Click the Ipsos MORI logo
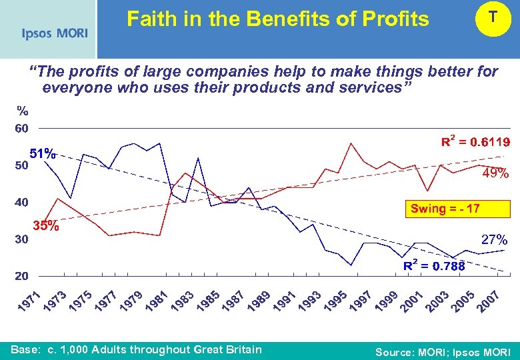click(54, 33)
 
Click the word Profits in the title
click(393, 19)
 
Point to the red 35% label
click(46, 226)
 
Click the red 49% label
click(495, 175)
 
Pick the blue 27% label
click(494, 239)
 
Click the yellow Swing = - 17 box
click(445, 209)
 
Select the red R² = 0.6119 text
click(476, 142)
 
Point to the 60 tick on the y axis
click(21, 128)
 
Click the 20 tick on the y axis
click(21, 275)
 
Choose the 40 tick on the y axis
click(21, 202)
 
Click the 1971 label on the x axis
click(29, 301)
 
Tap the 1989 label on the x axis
click(259, 301)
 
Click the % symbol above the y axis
click(23, 111)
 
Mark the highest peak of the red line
click(350, 143)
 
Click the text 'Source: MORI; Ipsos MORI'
click(443, 352)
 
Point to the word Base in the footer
click(25, 350)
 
